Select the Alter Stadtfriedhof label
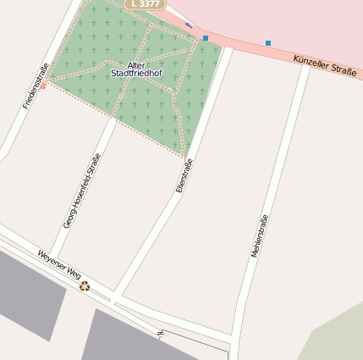pos(136,69)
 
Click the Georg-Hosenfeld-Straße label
pos(83,191)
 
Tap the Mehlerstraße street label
pos(260,236)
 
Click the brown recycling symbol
pos(85,285)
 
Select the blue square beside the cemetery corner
pos(206,38)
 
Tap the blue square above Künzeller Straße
pos(268,42)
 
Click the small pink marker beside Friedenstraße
pos(43,86)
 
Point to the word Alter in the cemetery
pos(136,65)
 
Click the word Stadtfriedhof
pos(136,74)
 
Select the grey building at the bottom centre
pos(135,339)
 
